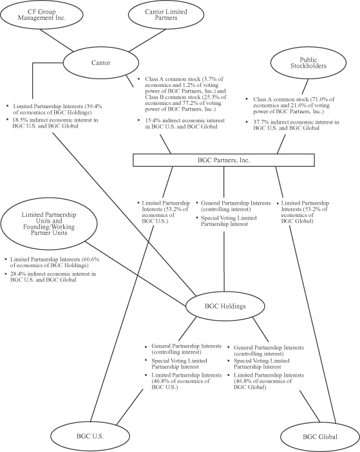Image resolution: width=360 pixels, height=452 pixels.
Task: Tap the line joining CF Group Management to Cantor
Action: point(56,41)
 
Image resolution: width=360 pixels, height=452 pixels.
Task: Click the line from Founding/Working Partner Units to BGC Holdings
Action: point(135,273)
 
